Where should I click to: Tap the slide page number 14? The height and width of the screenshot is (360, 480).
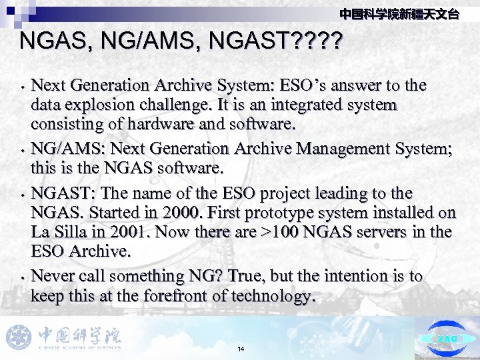pyautogui.click(x=241, y=349)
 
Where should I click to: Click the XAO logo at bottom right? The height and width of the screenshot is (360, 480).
pyautogui.click(x=447, y=339)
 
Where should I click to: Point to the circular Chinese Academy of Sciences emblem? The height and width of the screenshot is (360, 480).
pyautogui.click(x=19, y=337)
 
